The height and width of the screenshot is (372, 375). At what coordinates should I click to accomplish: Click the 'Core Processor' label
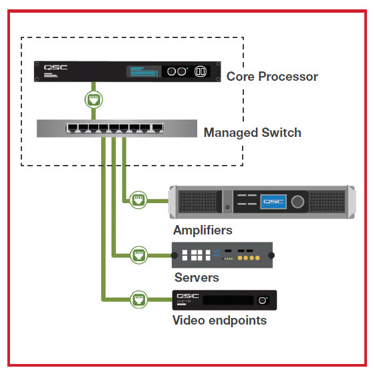(272, 76)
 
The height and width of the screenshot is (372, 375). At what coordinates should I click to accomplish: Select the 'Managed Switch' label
(252, 132)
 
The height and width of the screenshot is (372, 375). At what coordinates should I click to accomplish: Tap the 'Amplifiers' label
(203, 230)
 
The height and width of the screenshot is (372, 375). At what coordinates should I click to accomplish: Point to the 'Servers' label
(197, 277)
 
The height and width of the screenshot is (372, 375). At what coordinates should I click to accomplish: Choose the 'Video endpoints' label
(219, 321)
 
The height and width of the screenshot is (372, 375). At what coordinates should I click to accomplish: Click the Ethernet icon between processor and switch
(94, 101)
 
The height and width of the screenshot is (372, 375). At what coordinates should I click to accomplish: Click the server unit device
(223, 254)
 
